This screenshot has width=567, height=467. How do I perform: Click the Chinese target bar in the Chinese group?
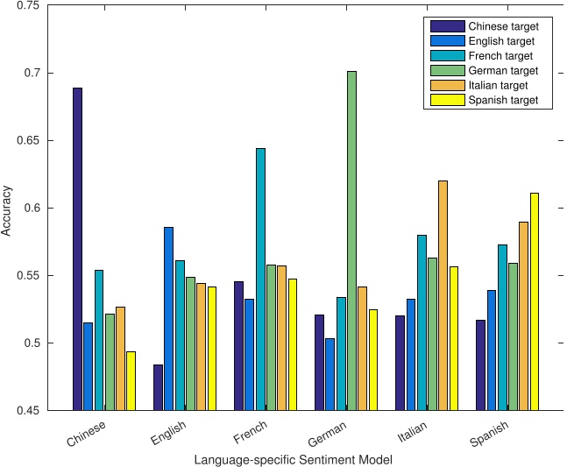pyautogui.click(x=77, y=249)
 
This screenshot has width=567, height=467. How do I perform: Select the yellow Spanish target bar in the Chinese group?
pyautogui.click(x=131, y=380)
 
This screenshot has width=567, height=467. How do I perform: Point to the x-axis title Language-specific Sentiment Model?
pyautogui.click(x=293, y=459)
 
